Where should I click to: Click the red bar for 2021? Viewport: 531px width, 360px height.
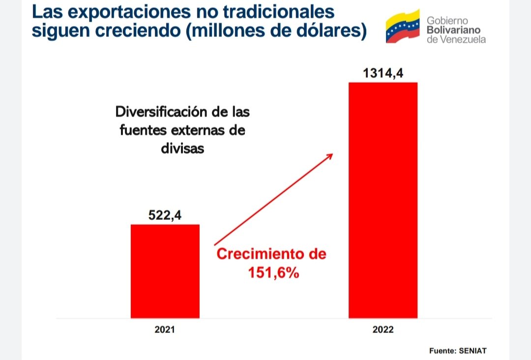tap(165, 271)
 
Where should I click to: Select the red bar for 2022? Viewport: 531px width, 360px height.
tap(383, 200)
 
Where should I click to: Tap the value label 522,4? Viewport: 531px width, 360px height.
tap(165, 215)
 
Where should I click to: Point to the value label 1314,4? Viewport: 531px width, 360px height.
tap(383, 73)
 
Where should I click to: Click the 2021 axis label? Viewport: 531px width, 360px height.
tap(165, 330)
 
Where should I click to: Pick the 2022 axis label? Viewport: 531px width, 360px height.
tap(383, 330)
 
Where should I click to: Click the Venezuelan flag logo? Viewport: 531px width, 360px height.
tap(402, 27)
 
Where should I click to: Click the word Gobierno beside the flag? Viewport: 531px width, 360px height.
tap(447, 21)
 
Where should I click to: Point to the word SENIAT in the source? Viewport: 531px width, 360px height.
tap(472, 351)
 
